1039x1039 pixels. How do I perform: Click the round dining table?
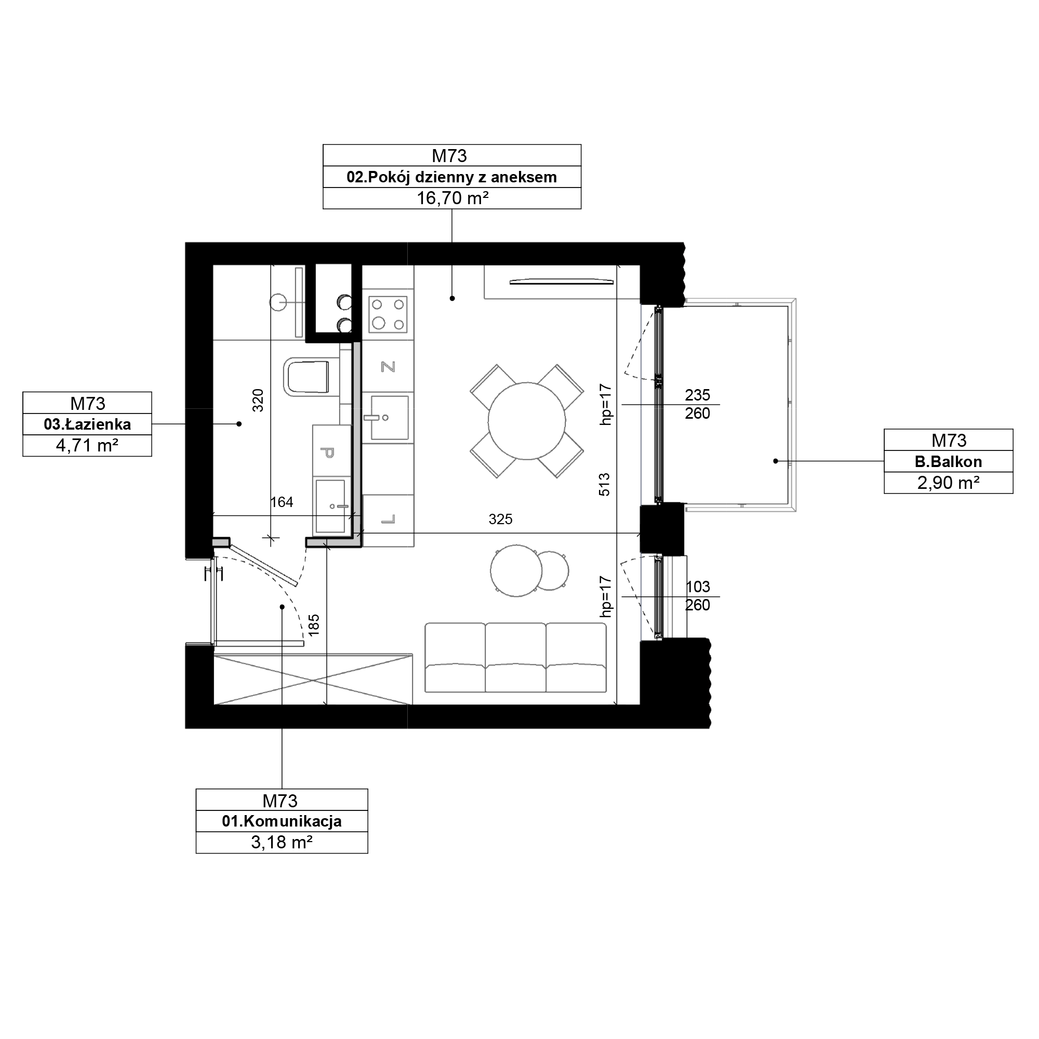[x=526, y=421]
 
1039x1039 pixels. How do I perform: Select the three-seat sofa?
[x=516, y=657]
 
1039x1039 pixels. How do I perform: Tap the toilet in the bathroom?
[x=306, y=377]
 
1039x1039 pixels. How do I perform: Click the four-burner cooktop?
[x=388, y=315]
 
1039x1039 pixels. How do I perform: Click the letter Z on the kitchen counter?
[x=388, y=367]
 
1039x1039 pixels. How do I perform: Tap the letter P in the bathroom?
[x=327, y=452]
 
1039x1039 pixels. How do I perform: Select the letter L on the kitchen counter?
[x=388, y=519]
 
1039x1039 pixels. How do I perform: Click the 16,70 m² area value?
[x=452, y=198]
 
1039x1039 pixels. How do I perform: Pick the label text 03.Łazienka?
[x=87, y=424]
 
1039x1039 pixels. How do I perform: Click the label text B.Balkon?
[x=949, y=461]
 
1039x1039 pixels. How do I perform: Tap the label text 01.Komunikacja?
[x=282, y=821]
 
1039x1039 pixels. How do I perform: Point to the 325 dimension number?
[x=500, y=519]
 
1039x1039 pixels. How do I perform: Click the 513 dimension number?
[x=605, y=485]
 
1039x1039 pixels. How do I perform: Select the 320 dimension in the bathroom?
[x=258, y=400]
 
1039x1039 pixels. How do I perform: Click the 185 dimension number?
[x=314, y=625]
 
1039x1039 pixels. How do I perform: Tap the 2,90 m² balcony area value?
[x=948, y=483]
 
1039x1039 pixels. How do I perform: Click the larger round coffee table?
[x=516, y=571]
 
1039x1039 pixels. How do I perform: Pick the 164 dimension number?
[x=282, y=502]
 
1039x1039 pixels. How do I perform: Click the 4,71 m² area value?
[x=87, y=446]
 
